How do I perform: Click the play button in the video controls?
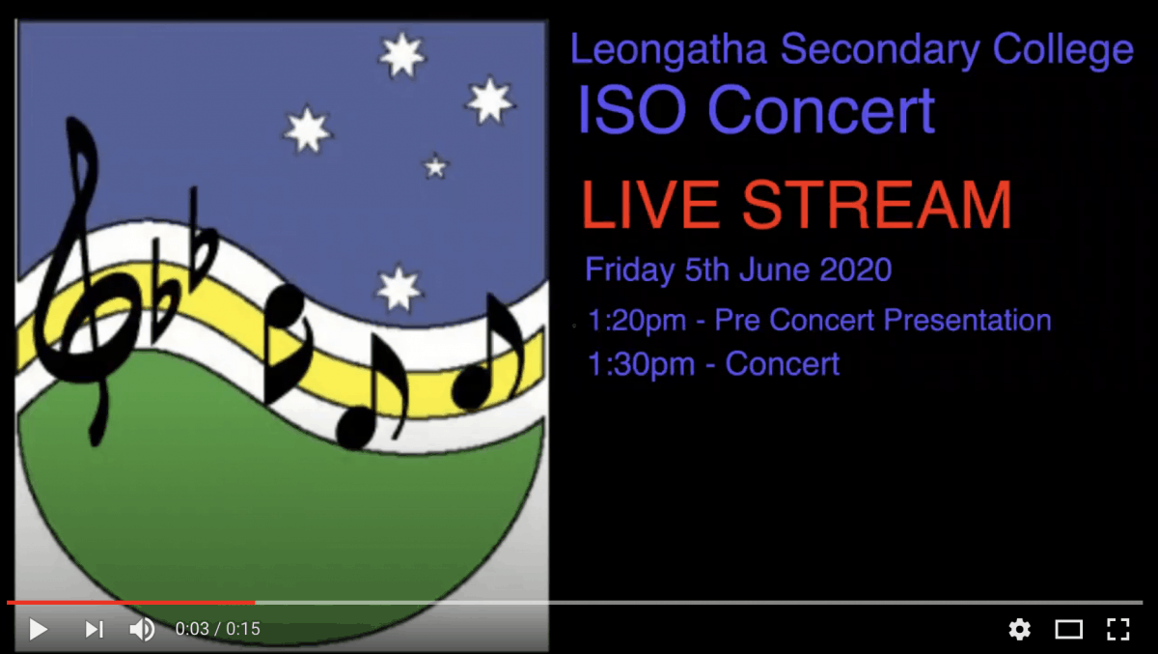point(39,629)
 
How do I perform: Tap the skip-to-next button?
point(95,629)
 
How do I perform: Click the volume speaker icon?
point(142,629)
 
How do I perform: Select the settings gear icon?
point(1019,629)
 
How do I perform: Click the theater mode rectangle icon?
point(1068,629)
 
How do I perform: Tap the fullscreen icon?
point(1117,629)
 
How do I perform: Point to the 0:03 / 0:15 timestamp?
point(218,629)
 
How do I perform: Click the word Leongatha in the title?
point(669,50)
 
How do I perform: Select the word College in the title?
point(1062,50)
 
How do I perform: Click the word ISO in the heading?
point(632,110)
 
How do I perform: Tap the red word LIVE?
point(649,205)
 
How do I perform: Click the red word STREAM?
point(876,205)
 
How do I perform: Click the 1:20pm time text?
point(637,321)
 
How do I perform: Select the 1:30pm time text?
point(641,364)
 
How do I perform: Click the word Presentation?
point(967,320)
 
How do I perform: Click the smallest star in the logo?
point(435,166)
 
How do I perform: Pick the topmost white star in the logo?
point(401,55)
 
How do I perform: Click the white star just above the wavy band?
point(398,289)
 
